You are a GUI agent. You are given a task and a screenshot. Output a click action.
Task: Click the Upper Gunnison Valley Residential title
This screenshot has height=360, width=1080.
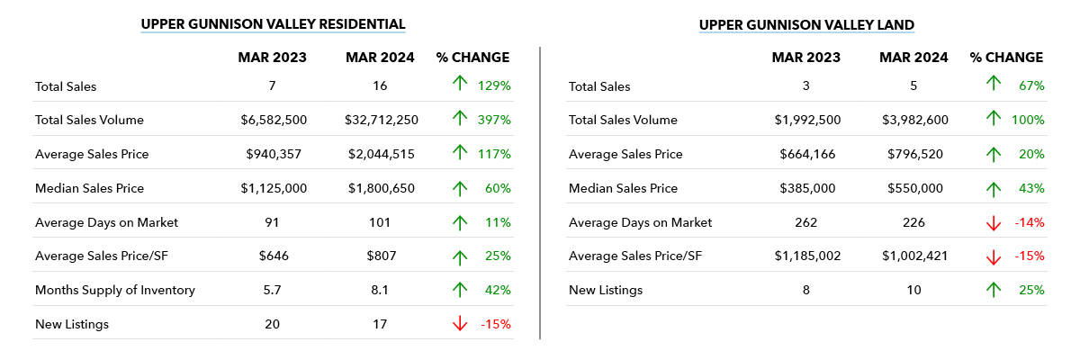coord(274,24)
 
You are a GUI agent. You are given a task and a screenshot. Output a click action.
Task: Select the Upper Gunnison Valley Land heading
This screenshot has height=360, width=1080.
coord(806,24)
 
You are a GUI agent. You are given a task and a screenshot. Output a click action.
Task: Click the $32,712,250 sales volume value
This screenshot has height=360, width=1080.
coord(380,120)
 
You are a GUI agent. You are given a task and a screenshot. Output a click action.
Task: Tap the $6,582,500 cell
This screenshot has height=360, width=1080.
coord(272,120)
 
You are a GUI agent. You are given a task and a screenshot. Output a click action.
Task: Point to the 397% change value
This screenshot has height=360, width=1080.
coord(494,120)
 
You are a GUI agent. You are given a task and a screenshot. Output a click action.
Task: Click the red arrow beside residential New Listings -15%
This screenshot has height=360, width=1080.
coord(459,324)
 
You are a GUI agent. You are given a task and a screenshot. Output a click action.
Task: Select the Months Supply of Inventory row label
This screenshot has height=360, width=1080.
coord(115,290)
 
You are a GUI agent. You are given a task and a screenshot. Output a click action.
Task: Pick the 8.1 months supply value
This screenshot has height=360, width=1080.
coord(380,290)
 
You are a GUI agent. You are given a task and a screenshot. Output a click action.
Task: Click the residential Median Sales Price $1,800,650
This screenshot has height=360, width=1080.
coord(380,188)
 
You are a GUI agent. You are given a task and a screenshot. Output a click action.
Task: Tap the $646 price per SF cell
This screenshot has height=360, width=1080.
coord(272,256)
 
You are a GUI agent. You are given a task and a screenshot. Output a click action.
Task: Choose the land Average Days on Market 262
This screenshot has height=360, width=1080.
coord(805,222)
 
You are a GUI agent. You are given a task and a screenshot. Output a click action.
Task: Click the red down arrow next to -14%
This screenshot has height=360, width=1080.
coord(994,222)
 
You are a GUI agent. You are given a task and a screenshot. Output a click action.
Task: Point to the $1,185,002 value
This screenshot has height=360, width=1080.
coord(805,256)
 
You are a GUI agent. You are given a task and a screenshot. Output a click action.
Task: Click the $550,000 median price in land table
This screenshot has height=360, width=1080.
coord(913,188)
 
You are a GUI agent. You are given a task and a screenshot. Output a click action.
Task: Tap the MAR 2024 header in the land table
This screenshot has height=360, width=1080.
coord(913,58)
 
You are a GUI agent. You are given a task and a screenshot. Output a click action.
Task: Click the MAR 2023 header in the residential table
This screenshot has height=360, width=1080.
coord(272,58)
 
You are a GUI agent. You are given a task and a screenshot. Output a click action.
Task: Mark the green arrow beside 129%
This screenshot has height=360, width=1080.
coord(459,85)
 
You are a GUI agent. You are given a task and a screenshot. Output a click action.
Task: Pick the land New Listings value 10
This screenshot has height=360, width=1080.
coord(913,290)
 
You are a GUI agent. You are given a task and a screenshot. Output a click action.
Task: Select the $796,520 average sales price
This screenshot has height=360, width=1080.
coord(913,154)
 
